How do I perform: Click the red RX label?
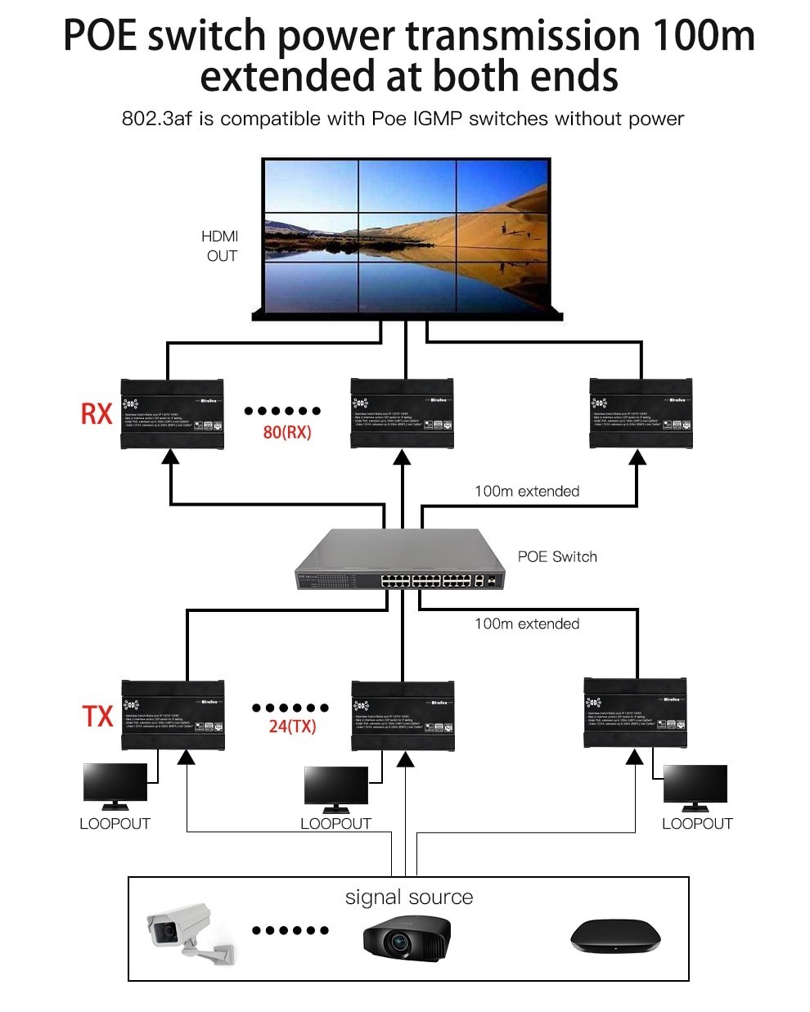[96, 413]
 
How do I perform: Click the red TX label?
[97, 716]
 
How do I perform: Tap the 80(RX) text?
[287, 432]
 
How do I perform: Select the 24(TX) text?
[292, 726]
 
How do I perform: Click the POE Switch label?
[557, 556]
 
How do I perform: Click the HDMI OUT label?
[221, 245]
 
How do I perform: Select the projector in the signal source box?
[406, 935]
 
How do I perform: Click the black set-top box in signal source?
[614, 935]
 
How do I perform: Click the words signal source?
[409, 897]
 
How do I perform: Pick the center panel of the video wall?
[407, 236]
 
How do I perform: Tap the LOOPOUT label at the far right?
[697, 824]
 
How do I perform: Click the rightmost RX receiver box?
[641, 413]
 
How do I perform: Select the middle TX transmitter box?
[402, 715]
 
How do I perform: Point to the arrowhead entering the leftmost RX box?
[170, 457]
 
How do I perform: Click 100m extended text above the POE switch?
[527, 491]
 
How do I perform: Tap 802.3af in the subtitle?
[156, 119]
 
